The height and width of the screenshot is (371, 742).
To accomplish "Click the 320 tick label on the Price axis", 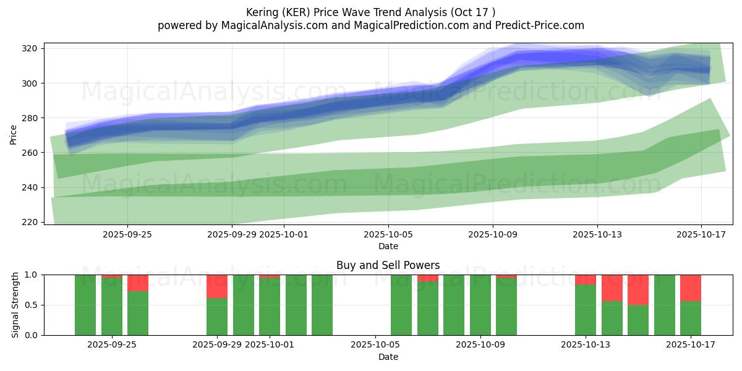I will point(31,48).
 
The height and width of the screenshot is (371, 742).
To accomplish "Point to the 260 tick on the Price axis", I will point(31,153).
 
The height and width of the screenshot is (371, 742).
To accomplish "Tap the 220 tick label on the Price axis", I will point(31,222).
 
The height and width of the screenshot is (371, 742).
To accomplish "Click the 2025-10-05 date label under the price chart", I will point(388,234).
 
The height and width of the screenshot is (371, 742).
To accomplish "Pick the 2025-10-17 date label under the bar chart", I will point(690,345).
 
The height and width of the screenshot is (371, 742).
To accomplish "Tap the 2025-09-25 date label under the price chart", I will point(127,234).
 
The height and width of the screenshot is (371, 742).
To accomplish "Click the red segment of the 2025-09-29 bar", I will point(217,286).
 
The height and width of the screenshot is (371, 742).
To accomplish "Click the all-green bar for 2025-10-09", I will point(480,305).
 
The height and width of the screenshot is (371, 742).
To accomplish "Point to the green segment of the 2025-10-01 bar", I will point(270,307).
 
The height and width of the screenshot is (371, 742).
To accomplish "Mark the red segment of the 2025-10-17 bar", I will point(690,288).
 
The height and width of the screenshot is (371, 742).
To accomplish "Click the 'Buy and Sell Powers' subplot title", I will point(388,265).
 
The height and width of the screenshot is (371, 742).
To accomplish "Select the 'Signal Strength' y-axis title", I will point(15,305).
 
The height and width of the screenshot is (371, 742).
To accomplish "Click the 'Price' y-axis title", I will point(14,134).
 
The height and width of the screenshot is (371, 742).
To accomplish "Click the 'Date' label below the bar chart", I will point(388,357).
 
